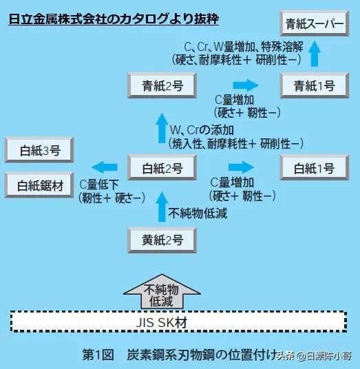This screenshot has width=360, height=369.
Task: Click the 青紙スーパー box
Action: coord(315,25)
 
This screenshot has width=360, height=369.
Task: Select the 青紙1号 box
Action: coord(315,86)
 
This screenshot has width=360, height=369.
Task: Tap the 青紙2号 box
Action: coord(158,86)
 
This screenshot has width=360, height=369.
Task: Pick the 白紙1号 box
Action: coord(315,167)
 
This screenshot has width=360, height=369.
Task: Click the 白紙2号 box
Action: coord(158,167)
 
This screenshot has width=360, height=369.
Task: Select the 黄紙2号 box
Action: coord(158,240)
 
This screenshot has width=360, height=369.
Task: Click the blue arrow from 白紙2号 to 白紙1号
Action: coord(241,167)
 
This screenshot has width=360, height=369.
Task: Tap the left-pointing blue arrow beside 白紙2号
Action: coord(105,167)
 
